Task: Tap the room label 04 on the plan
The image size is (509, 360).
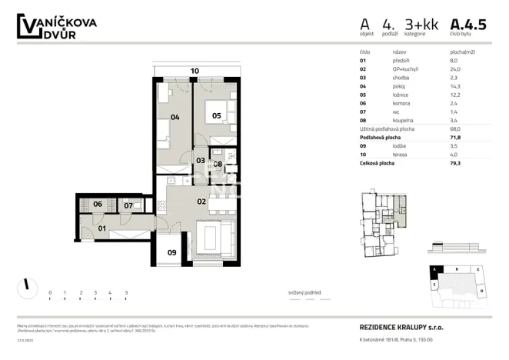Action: [x=175, y=117]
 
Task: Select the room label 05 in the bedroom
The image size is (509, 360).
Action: [x=217, y=116]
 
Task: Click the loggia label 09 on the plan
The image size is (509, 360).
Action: [x=171, y=252]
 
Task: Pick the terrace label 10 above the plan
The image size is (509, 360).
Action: [x=195, y=71]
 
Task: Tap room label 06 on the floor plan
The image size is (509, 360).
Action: [x=98, y=204]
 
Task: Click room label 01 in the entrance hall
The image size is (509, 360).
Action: [x=101, y=228]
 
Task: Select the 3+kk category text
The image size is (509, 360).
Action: [x=421, y=25]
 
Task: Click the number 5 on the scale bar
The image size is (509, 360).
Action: [x=125, y=293]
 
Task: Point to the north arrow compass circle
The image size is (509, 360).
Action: [x=26, y=285]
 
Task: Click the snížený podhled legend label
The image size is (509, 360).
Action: [x=306, y=293]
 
